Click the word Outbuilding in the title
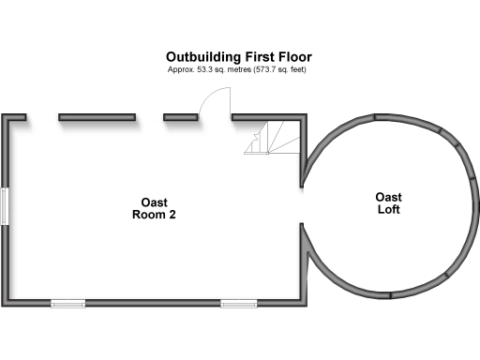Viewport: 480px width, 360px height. coord(200,56)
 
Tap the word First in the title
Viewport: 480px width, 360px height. coord(251,56)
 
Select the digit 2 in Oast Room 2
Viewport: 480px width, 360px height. coord(172,215)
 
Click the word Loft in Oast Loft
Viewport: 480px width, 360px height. coord(389,210)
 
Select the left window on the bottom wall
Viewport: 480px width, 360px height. coord(67,302)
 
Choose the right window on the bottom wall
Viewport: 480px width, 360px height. coord(237,302)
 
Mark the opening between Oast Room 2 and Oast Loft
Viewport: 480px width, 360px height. coord(305,204)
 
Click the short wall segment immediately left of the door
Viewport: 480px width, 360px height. coord(180,117)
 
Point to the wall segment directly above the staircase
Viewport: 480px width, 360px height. coord(268,117)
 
